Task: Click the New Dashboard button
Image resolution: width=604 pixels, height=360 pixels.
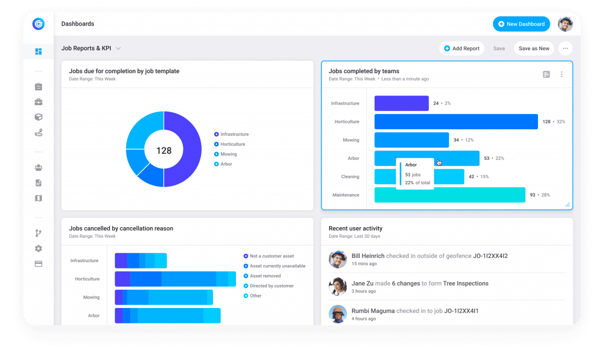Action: click(521, 24)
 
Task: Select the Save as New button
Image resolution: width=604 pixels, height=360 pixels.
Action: click(534, 48)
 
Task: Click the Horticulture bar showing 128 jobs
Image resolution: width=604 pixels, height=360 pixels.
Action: click(456, 122)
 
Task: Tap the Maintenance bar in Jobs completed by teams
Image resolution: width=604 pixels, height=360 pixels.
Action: click(449, 195)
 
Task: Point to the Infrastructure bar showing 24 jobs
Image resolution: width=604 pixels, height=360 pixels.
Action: click(401, 103)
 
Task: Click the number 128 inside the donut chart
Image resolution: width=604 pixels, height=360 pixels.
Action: click(164, 150)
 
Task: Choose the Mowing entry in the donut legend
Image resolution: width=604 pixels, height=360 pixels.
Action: click(229, 154)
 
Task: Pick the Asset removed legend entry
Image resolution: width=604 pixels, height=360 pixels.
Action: click(265, 276)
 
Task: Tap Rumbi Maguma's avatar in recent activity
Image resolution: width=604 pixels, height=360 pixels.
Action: click(337, 314)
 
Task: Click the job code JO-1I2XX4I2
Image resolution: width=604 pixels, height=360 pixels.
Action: click(490, 256)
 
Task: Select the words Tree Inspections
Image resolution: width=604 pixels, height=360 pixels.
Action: click(466, 283)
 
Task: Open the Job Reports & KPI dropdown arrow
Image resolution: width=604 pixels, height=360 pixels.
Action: click(119, 48)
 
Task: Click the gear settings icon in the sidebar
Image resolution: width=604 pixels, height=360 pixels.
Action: click(38, 248)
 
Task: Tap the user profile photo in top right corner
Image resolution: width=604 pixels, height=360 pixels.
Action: click(565, 24)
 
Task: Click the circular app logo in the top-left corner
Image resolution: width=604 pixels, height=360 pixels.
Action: click(38, 24)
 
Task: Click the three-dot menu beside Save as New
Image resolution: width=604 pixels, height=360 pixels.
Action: click(565, 48)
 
